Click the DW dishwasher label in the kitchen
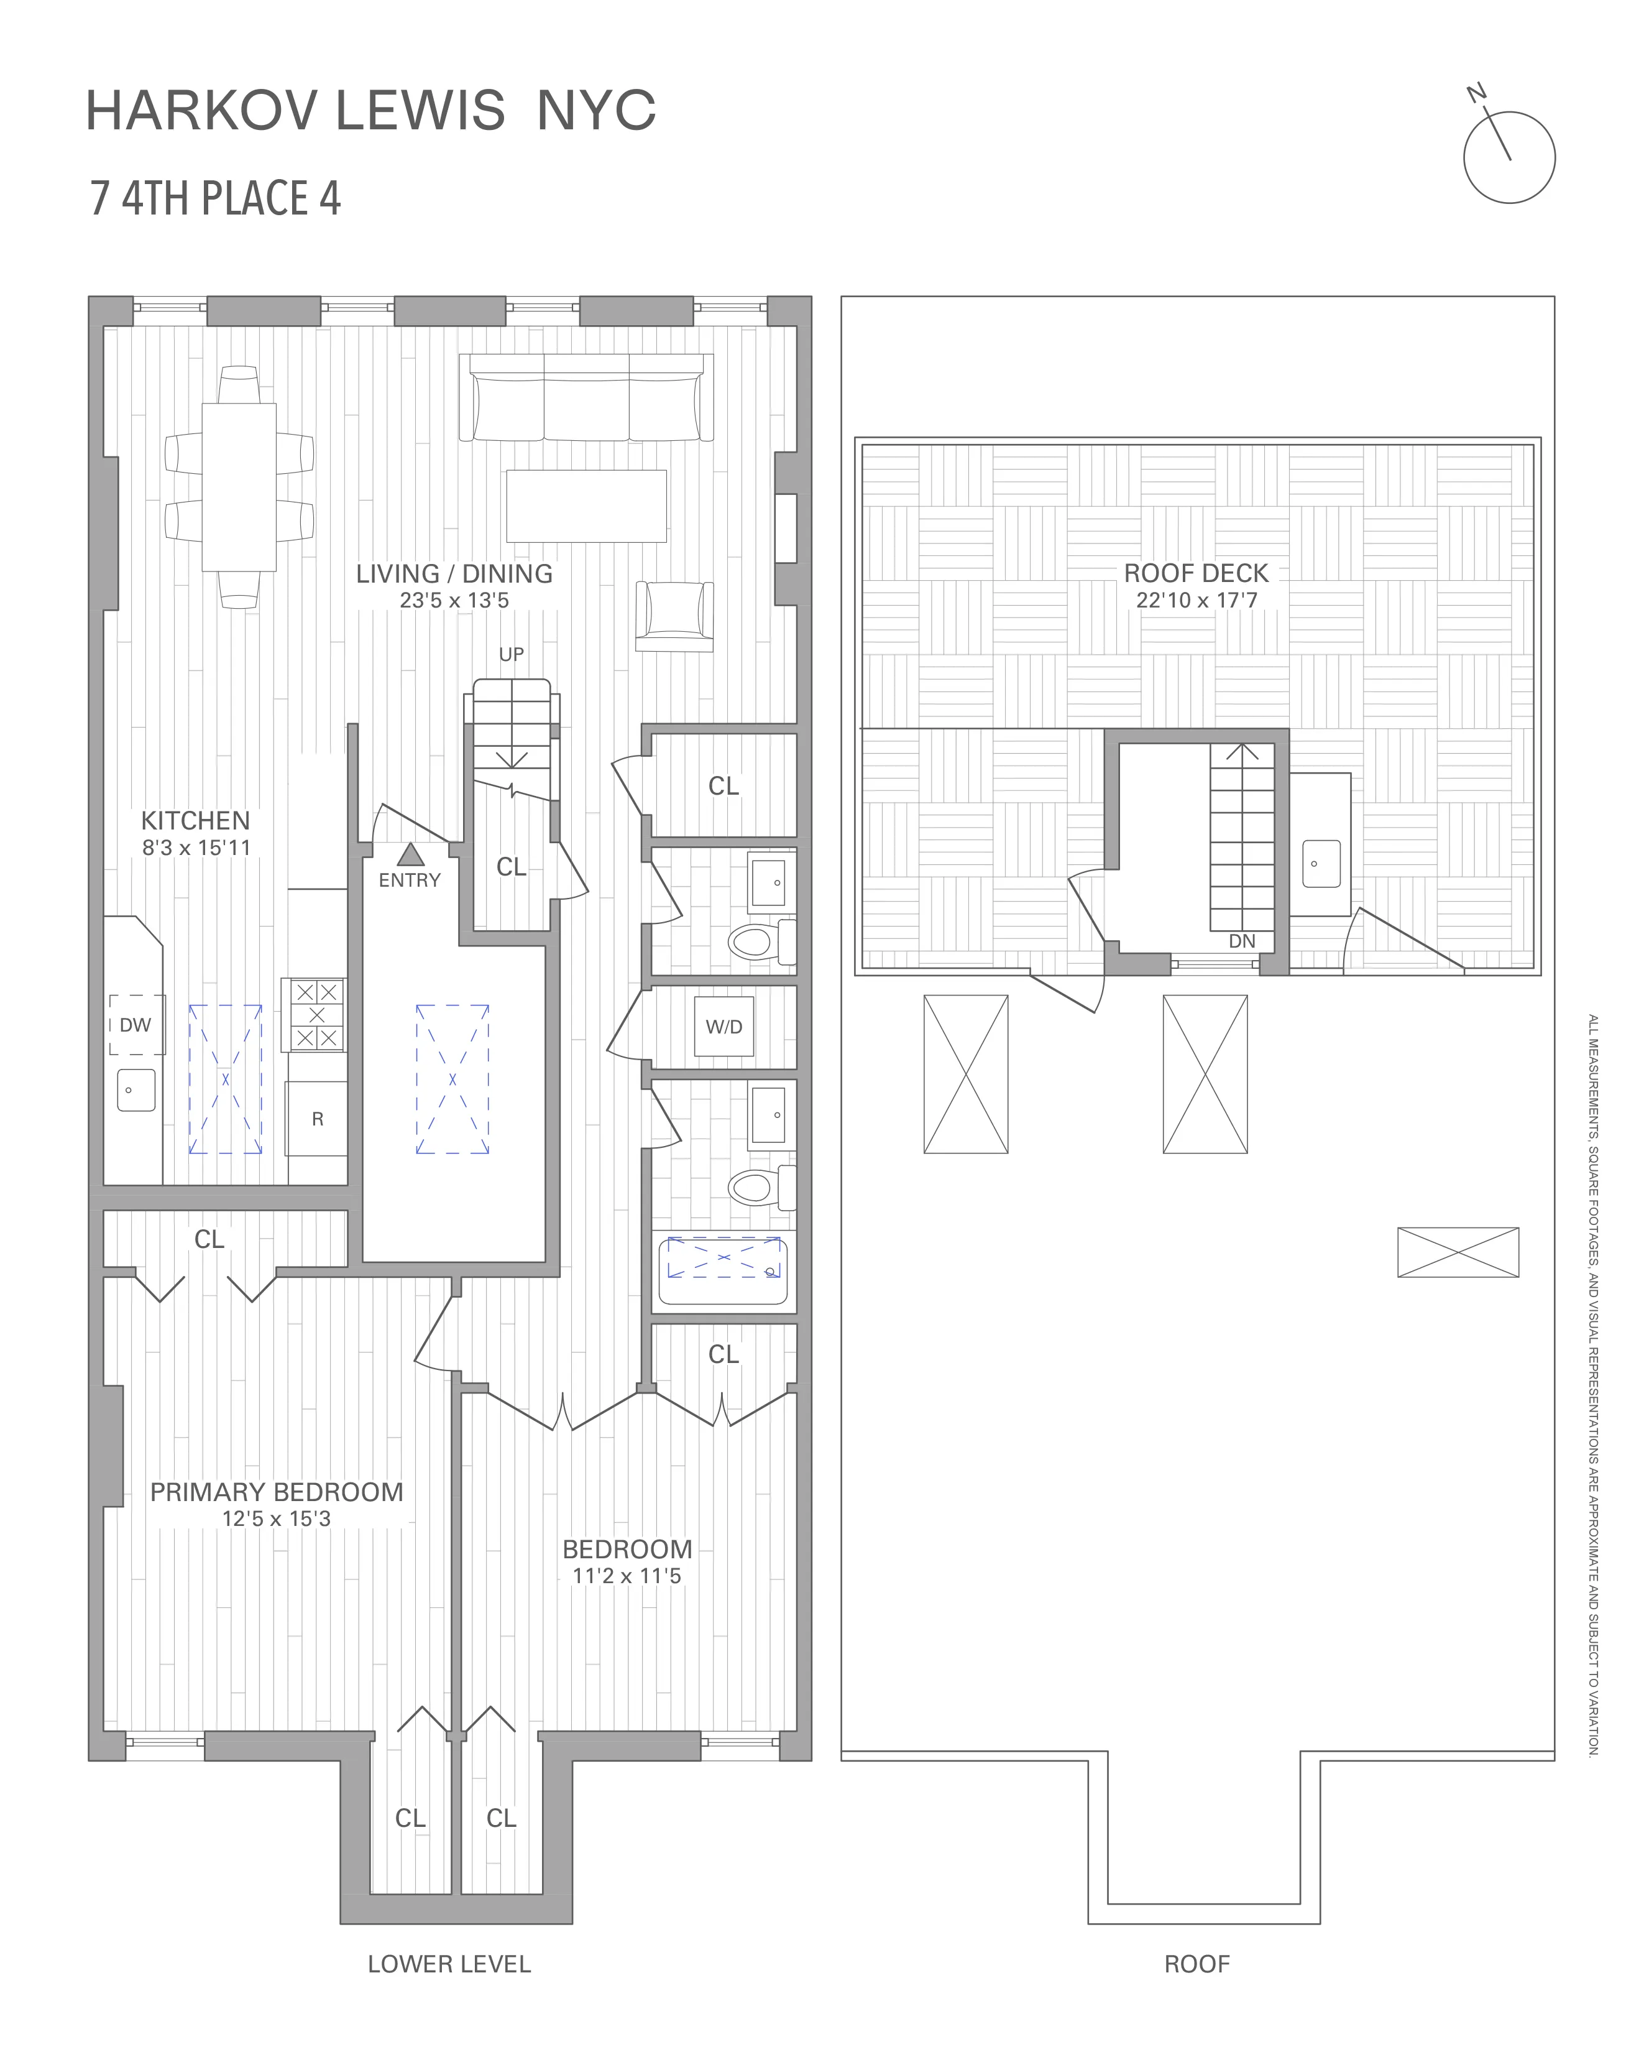pos(135,1025)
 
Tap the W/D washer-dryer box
pos(724,1027)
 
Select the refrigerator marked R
pos(317,1119)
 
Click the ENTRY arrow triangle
pos(410,854)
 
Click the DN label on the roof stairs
pos(1242,941)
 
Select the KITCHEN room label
pos(195,820)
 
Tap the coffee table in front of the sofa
pos(586,506)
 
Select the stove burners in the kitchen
pos(316,1015)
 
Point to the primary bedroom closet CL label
pos(209,1239)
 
